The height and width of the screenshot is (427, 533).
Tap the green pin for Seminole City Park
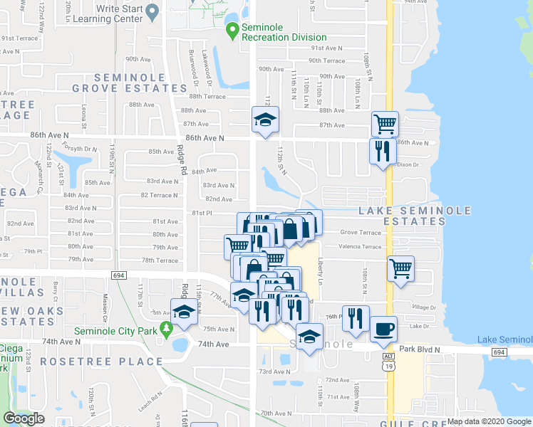pos(167,330)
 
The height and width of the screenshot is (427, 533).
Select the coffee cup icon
pos(384,329)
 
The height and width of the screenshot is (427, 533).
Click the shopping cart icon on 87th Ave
pos(385,124)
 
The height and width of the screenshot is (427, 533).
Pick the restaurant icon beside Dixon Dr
pos(382,151)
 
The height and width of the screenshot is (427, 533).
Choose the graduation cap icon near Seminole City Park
pos(184,311)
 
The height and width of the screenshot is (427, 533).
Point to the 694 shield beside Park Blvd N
pos(499,352)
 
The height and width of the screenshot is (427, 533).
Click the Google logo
pos(24,418)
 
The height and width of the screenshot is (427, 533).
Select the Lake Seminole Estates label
pos(415,216)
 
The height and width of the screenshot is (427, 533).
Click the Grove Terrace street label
pos(361,233)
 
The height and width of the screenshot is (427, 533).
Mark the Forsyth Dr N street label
pos(78,148)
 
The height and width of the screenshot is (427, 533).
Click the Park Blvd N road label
pos(426,349)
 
